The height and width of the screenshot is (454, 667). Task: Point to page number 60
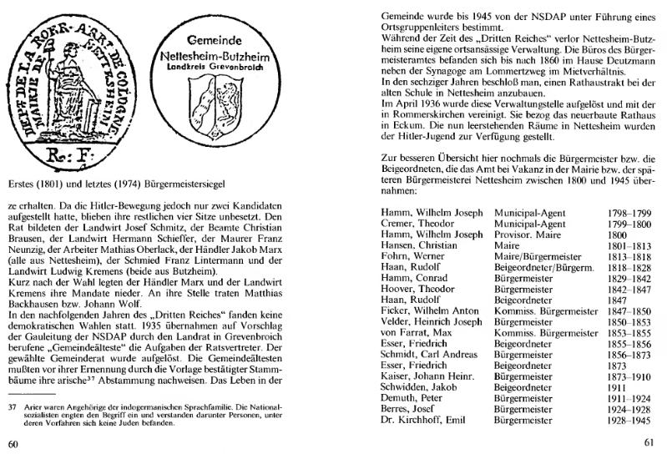tap(13, 441)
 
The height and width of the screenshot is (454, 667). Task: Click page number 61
tap(648, 442)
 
